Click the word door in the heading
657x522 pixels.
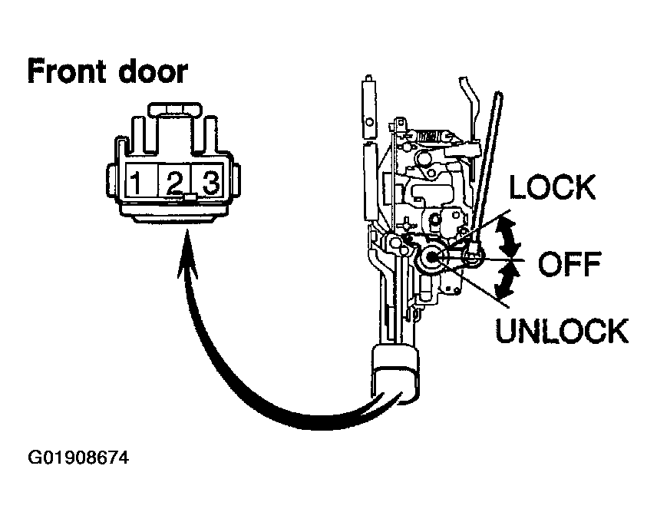coord(153,71)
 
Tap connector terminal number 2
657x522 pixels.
coord(174,183)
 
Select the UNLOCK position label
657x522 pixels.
coord(562,331)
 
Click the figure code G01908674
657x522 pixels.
coord(78,458)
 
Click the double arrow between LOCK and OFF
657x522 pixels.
coord(508,238)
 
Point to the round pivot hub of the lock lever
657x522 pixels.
coord(431,258)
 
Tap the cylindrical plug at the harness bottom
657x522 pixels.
coord(395,374)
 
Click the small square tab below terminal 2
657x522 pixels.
coord(190,197)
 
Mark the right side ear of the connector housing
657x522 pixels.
coord(236,181)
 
